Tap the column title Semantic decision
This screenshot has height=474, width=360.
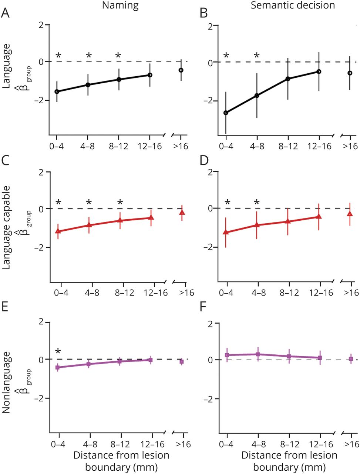tap(293, 6)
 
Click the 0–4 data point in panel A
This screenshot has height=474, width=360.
tap(57, 91)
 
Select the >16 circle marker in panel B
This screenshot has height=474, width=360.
tap(350, 73)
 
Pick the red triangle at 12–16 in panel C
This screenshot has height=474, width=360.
tap(151, 217)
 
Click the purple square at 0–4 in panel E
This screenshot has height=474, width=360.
tap(58, 367)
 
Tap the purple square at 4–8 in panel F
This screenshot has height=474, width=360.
tap(258, 354)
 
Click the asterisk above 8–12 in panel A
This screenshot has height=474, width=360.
tap(118, 56)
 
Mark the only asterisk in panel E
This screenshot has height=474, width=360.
tap(58, 352)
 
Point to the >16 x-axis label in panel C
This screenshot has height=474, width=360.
tap(186, 293)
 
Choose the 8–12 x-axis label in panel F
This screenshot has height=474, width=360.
tap(289, 444)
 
